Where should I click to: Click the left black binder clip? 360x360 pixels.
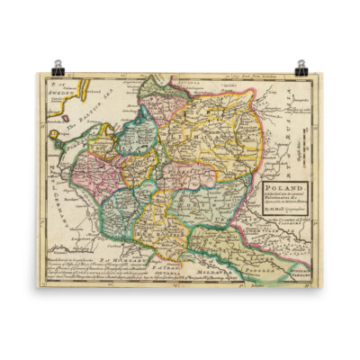(58, 67)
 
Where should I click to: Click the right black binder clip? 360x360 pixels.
(301, 67)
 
